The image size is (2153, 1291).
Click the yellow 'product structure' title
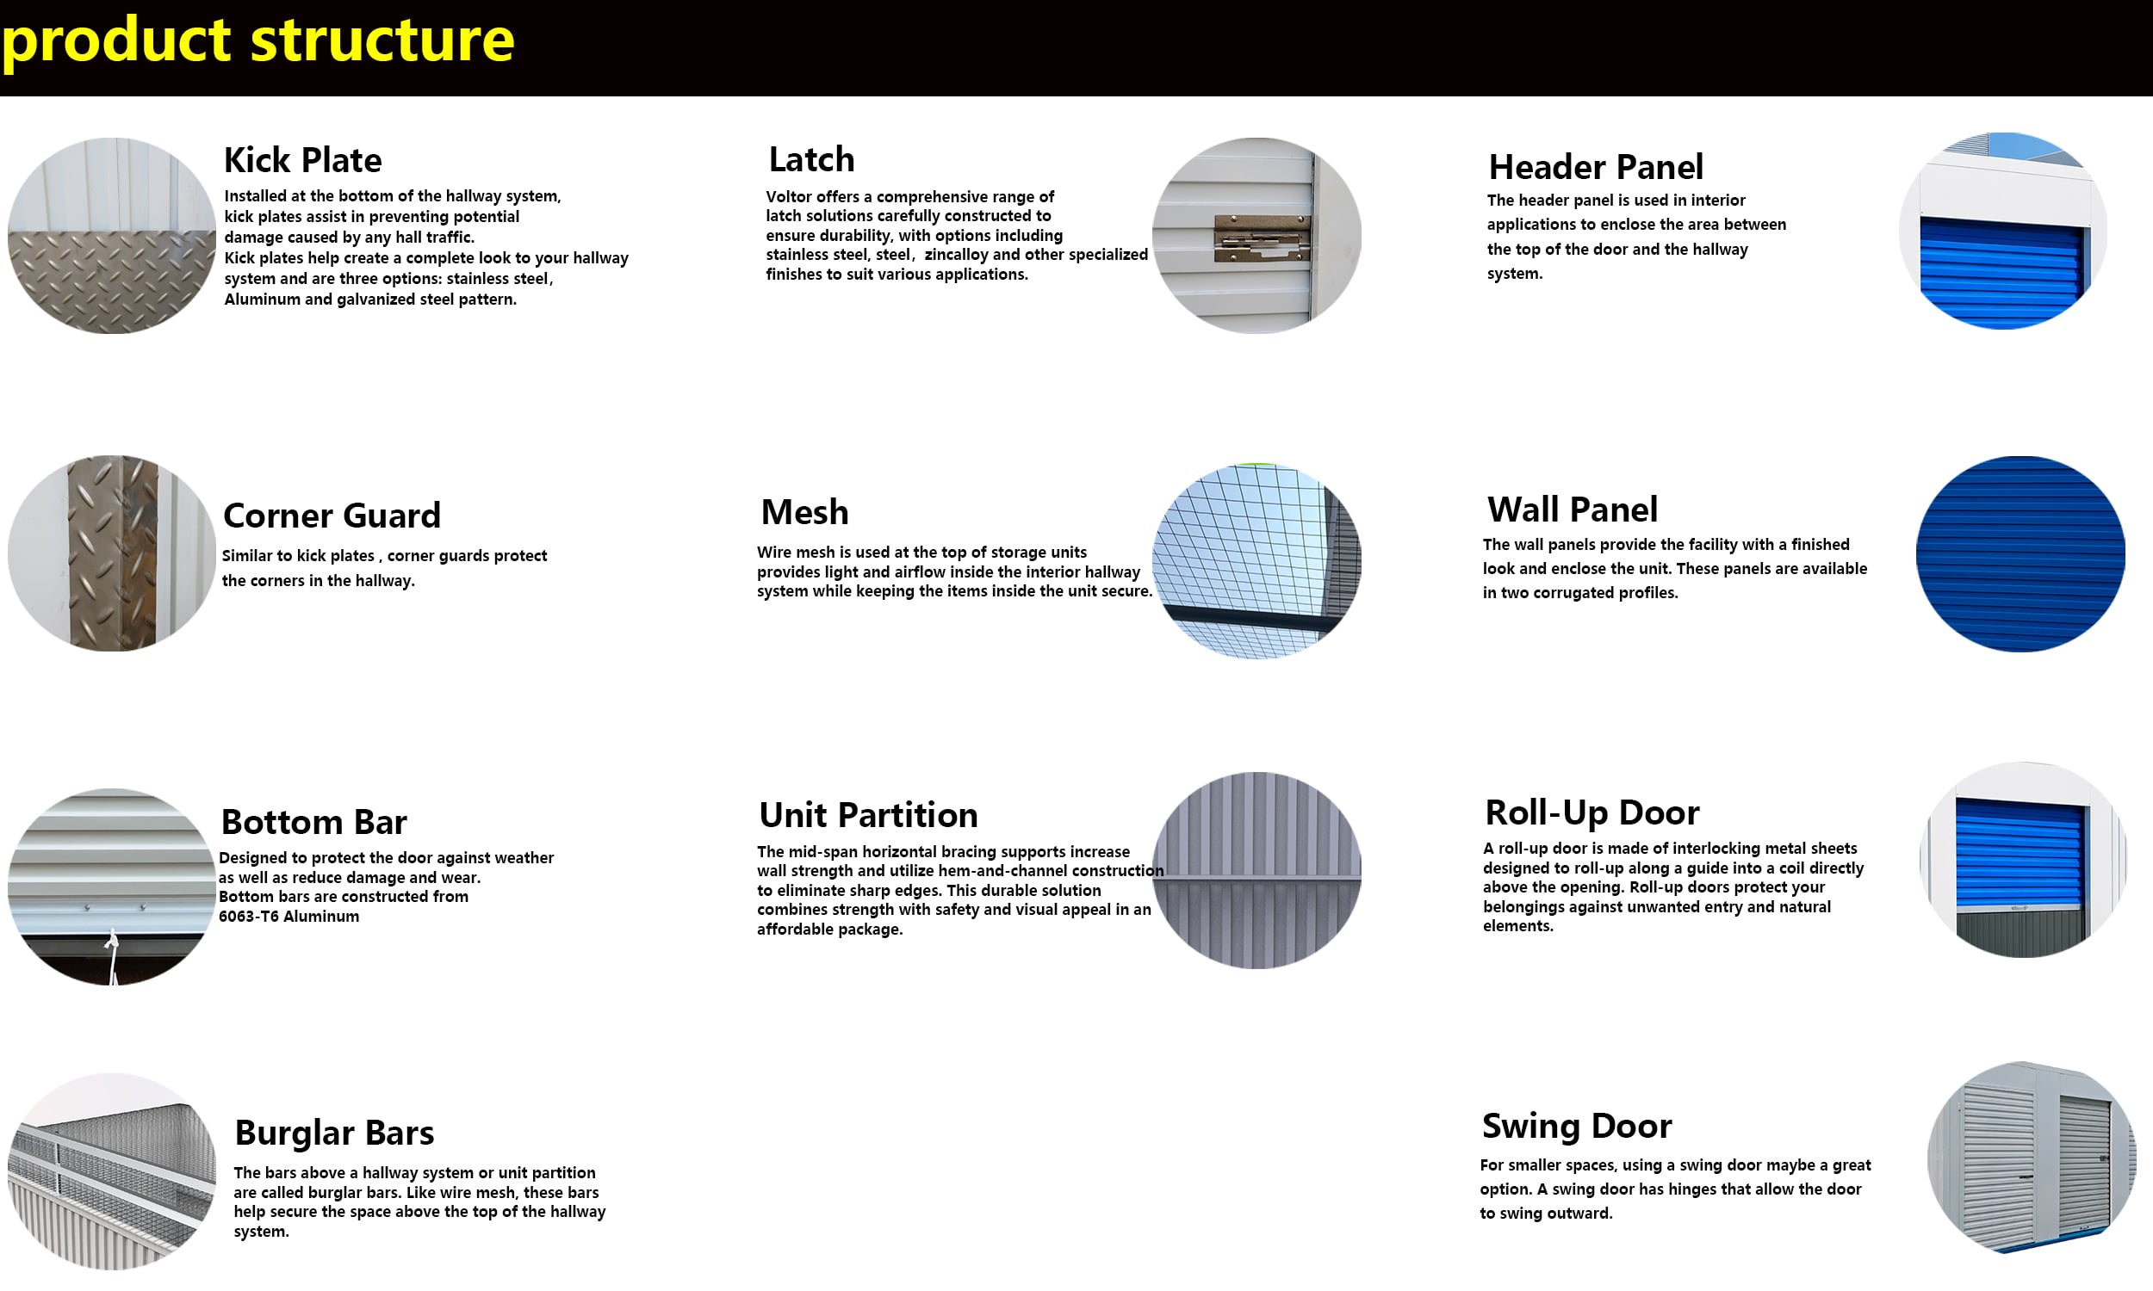click(x=257, y=40)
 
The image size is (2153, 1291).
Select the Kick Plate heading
click(x=303, y=160)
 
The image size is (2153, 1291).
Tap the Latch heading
click(x=812, y=159)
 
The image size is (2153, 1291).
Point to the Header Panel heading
click(x=1596, y=166)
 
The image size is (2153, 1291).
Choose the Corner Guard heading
click(x=332, y=515)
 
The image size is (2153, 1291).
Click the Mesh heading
click(x=804, y=511)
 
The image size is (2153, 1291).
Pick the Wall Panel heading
click(x=1573, y=509)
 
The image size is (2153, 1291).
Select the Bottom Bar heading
click(x=314, y=821)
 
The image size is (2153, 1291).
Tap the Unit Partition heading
click(x=868, y=814)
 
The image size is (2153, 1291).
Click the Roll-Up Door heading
click(x=1592, y=812)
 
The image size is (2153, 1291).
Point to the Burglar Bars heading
click(x=334, y=1132)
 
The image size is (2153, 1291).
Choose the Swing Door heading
click(x=1577, y=1125)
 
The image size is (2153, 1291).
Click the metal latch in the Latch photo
click(x=1262, y=238)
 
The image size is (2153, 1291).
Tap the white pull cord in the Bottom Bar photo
click(x=112, y=956)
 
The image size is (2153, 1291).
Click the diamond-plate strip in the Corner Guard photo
click(x=113, y=553)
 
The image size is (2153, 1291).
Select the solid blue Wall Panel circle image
click(x=2020, y=553)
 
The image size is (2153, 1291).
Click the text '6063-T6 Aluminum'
click(x=289, y=916)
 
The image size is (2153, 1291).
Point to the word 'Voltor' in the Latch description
click(x=790, y=196)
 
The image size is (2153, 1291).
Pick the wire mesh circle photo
click(x=1256, y=561)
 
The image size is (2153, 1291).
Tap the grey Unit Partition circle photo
click(x=1256, y=870)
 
